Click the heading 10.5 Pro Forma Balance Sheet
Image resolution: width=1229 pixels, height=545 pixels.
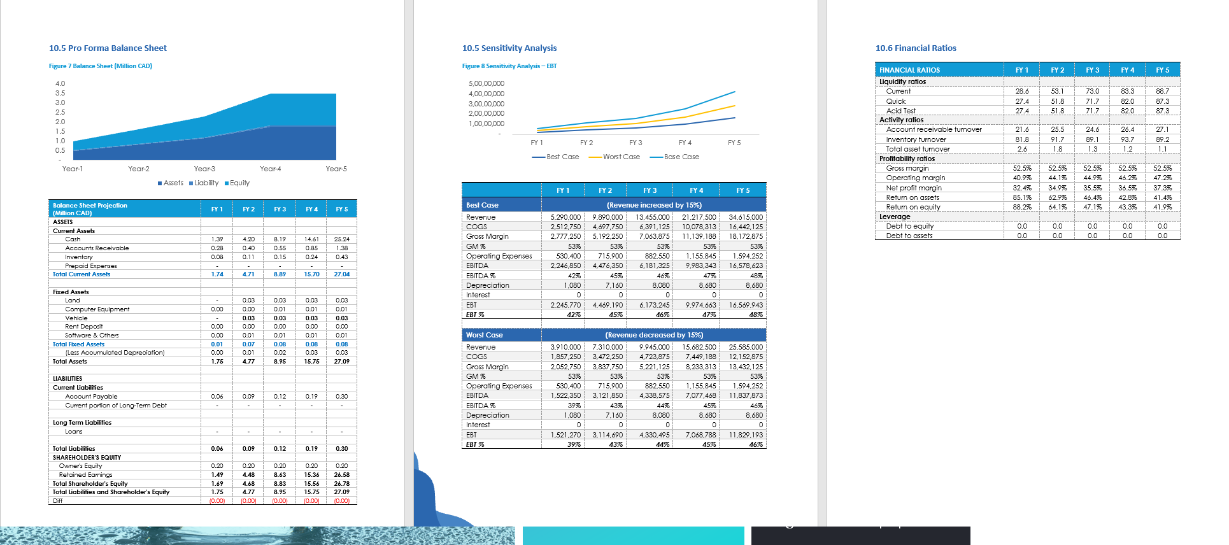pos(108,48)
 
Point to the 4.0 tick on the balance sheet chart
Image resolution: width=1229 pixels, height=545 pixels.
pos(60,83)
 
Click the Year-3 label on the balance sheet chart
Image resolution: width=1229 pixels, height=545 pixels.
pos(204,169)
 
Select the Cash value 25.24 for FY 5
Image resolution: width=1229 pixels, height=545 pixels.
pos(341,239)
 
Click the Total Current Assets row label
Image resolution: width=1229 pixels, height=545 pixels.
pos(81,274)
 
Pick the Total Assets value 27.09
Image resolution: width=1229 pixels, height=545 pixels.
pos(341,362)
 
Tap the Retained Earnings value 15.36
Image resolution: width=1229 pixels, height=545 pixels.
pos(311,475)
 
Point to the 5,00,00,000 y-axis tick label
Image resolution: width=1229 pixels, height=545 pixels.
pos(486,83)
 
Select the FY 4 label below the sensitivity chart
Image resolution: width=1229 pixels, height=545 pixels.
pos(685,143)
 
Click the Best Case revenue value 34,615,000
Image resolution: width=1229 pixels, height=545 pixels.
pos(745,217)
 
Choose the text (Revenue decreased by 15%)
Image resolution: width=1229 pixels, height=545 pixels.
pos(654,335)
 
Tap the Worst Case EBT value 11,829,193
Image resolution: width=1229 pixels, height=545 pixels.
pos(745,435)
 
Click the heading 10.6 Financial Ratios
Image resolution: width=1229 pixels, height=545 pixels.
pos(916,48)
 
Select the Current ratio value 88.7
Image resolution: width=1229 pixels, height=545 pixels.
pos(1162,91)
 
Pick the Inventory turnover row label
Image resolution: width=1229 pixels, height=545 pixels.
pos(916,139)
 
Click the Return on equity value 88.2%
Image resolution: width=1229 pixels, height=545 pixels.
pos(1021,207)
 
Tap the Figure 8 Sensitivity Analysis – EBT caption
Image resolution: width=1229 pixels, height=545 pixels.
pos(509,66)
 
